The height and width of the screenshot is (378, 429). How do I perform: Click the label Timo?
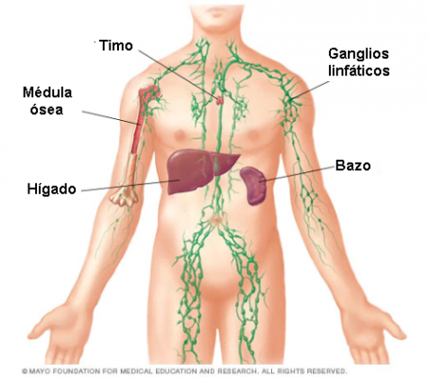(x=116, y=45)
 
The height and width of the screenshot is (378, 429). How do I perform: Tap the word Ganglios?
(x=358, y=55)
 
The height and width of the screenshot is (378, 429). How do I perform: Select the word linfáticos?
(x=359, y=71)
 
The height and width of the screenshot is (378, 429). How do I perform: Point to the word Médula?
(x=47, y=93)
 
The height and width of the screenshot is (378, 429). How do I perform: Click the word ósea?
(x=46, y=110)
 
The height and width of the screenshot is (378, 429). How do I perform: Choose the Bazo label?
(x=352, y=165)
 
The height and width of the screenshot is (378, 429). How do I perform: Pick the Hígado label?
(x=52, y=189)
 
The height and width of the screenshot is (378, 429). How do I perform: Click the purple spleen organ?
(x=253, y=186)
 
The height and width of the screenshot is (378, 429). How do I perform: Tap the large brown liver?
(x=196, y=170)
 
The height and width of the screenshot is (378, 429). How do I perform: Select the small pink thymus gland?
(x=219, y=100)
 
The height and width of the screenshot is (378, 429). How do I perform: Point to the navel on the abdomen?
(x=215, y=220)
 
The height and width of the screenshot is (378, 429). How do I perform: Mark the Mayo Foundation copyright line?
(x=184, y=370)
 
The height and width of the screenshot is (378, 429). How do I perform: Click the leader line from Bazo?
(x=297, y=174)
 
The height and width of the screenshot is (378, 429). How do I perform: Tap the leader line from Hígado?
(x=130, y=185)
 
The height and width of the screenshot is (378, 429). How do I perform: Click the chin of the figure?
(x=216, y=13)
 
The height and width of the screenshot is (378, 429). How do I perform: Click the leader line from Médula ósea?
(x=112, y=118)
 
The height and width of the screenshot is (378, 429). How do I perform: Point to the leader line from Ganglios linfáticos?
(x=310, y=91)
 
